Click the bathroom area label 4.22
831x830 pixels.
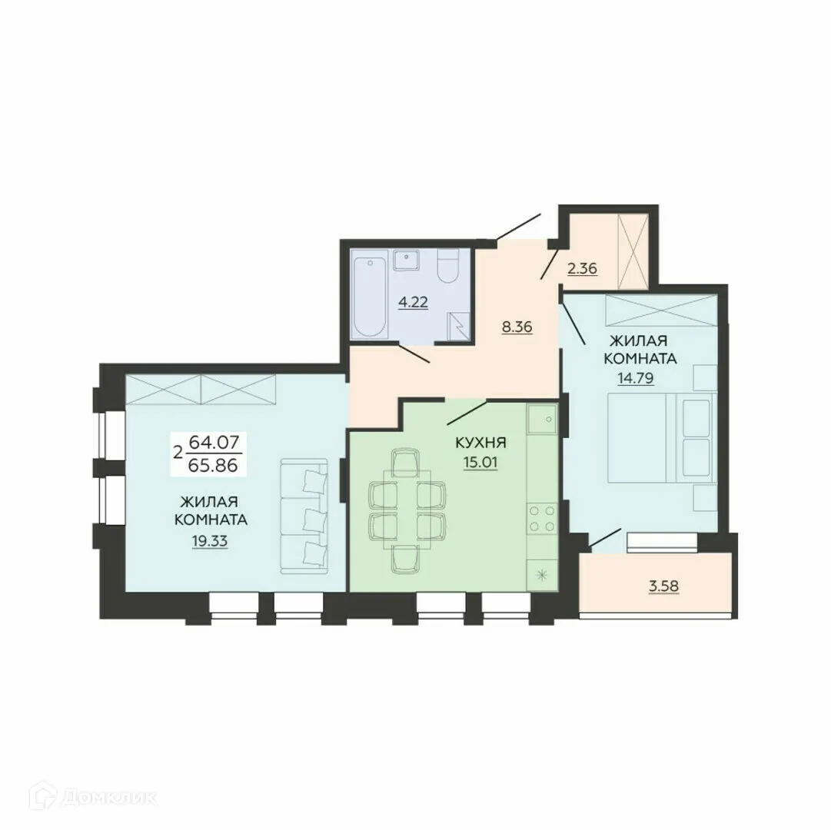412,302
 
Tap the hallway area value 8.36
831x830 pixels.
517,326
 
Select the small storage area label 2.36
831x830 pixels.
582,269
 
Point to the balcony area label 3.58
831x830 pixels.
665,588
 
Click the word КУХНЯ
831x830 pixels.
480,443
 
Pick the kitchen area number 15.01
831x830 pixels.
480,463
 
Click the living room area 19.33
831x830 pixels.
210,540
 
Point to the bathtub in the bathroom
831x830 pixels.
371,294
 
